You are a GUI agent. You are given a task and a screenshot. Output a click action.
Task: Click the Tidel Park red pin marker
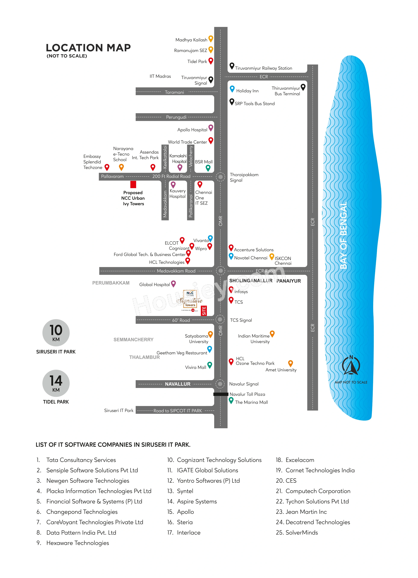(211, 61)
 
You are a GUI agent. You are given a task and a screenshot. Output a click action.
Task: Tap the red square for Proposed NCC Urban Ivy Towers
(133, 184)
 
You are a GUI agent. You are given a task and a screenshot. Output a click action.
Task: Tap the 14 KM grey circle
(56, 383)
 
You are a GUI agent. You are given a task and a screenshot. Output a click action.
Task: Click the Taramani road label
(174, 92)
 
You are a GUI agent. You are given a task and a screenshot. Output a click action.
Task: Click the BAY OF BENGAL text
(344, 235)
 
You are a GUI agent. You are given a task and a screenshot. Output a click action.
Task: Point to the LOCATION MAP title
(88, 48)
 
